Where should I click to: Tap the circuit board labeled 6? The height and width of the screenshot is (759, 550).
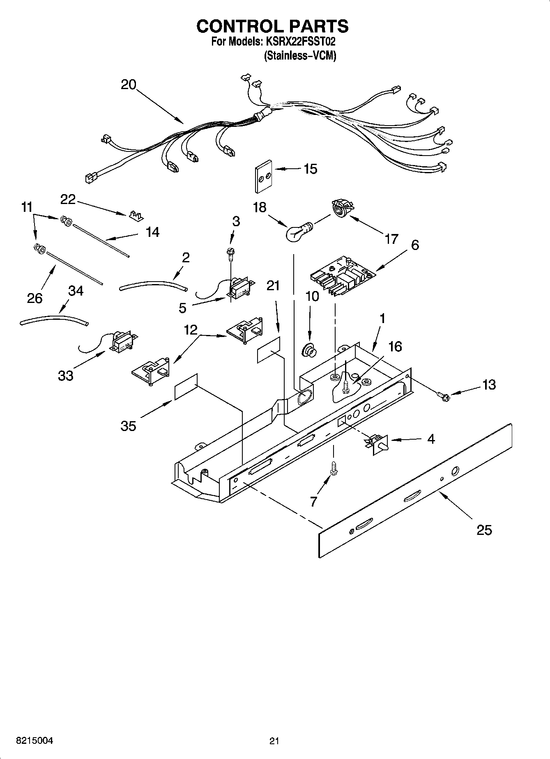pyautogui.click(x=342, y=276)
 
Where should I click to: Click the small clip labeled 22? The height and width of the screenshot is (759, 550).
pyautogui.click(x=136, y=216)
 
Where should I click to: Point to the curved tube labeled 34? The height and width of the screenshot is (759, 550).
pyautogui.click(x=53, y=320)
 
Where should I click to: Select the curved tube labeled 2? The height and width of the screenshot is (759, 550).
pyautogui.click(x=153, y=285)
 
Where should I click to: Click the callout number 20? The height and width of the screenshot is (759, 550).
pyautogui.click(x=129, y=85)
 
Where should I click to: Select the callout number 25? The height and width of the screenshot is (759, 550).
pyautogui.click(x=484, y=530)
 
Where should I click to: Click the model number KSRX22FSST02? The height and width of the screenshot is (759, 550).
pyautogui.click(x=304, y=42)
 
